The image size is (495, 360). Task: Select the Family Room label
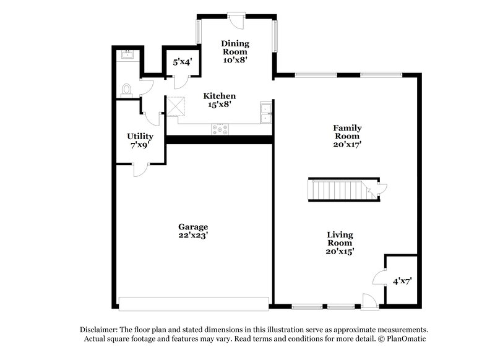click(x=348, y=132)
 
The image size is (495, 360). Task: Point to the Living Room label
click(x=340, y=239)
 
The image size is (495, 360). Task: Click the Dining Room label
click(x=235, y=48)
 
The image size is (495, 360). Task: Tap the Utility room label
click(x=140, y=136)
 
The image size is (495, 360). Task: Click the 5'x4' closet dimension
click(x=183, y=62)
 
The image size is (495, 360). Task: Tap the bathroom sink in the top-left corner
click(x=128, y=54)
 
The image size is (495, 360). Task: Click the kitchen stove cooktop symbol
click(x=220, y=129)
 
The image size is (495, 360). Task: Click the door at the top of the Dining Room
click(x=236, y=19)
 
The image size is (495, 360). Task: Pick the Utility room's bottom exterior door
click(x=139, y=168)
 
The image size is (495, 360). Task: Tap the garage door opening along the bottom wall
click(x=194, y=303)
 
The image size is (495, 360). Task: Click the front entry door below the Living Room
click(x=369, y=301)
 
